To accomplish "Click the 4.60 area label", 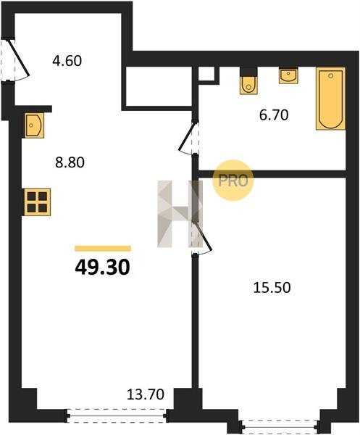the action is pyautogui.click(x=67, y=61).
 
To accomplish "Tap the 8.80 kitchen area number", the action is pyautogui.click(x=70, y=162).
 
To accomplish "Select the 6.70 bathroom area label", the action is pyautogui.click(x=274, y=115).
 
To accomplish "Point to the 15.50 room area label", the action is pyautogui.click(x=272, y=288).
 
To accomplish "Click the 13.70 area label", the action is pyautogui.click(x=146, y=394).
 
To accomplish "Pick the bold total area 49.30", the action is pyautogui.click(x=102, y=268).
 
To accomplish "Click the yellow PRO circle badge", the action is pyautogui.click(x=233, y=181).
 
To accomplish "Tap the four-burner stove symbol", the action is pyautogui.click(x=37, y=202).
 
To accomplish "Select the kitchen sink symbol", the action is pyautogui.click(x=34, y=125).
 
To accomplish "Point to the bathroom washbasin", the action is pyautogui.click(x=288, y=75).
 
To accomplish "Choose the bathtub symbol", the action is pyautogui.click(x=330, y=99).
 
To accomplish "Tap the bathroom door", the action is pyautogui.click(x=188, y=138).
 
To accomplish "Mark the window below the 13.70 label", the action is pyautogui.click(x=117, y=416).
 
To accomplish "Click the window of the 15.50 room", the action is pyautogui.click(x=280, y=424).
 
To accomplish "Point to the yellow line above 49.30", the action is pyautogui.click(x=103, y=248).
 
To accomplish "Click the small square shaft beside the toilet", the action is pyautogui.click(x=209, y=74).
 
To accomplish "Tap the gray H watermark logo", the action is pyautogui.click(x=180, y=214).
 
